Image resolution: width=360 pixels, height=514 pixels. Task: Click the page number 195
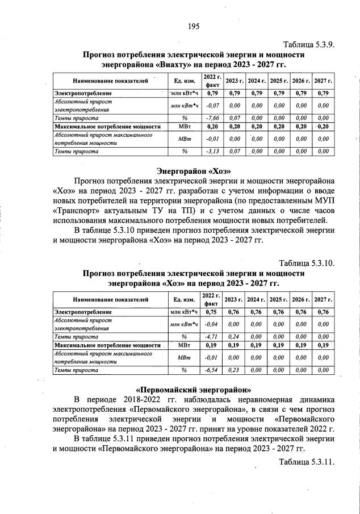tap(193, 26)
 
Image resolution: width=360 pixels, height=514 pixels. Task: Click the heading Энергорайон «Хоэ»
tap(193, 170)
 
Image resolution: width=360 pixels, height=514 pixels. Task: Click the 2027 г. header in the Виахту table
tap(323, 81)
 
